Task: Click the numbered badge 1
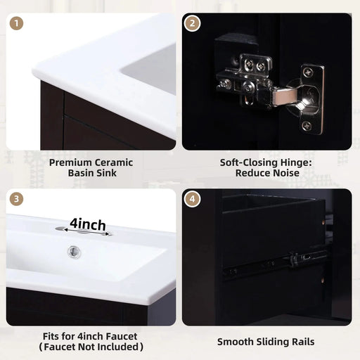click(x=18, y=23)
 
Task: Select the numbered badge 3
click(x=18, y=199)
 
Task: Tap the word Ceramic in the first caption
click(x=115, y=162)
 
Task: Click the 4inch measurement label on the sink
click(x=88, y=225)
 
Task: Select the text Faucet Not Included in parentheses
click(x=91, y=347)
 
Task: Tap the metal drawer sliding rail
click(x=274, y=262)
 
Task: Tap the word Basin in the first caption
click(x=76, y=173)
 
